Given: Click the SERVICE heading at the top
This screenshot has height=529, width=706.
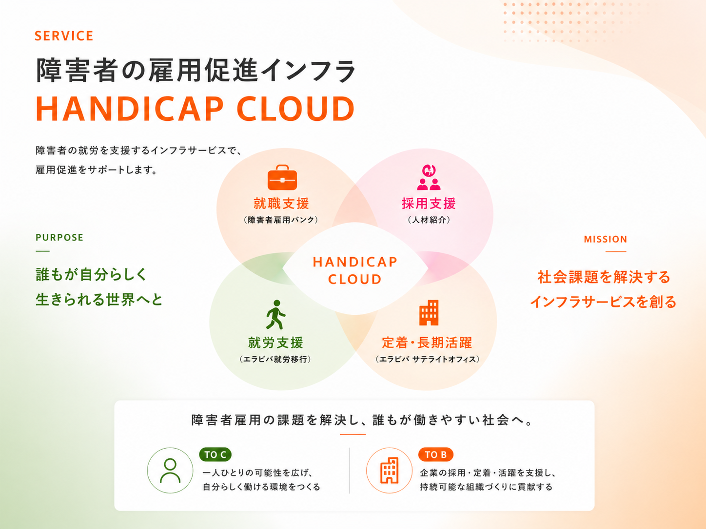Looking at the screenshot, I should (x=64, y=36).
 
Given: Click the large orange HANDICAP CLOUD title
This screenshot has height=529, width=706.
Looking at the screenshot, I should (x=195, y=109).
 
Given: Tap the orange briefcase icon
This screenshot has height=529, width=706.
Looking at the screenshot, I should (x=282, y=178).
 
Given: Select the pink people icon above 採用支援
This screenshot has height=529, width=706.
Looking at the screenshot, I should (x=429, y=178).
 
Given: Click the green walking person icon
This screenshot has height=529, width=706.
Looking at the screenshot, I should (x=276, y=315).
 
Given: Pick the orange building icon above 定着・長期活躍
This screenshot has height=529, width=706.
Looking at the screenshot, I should (x=429, y=313).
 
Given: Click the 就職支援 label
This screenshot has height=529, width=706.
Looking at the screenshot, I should (x=281, y=203).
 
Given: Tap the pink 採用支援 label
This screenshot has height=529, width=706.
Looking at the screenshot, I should (x=429, y=203).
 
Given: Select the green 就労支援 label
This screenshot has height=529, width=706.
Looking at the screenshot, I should (x=276, y=343).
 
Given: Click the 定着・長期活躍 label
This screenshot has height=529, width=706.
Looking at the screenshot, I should (x=427, y=343).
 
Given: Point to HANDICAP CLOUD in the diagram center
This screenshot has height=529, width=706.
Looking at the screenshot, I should (x=355, y=270).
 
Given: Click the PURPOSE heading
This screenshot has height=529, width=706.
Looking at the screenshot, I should (x=59, y=238).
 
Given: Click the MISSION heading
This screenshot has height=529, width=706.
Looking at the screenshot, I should (x=606, y=240).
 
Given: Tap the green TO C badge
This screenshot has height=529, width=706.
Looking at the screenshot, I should (x=215, y=454).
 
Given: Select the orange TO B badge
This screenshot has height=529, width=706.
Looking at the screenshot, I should (x=435, y=454).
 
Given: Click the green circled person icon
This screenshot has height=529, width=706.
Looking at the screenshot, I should (x=170, y=471).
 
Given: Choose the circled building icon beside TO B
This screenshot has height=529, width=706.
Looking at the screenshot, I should (x=389, y=471).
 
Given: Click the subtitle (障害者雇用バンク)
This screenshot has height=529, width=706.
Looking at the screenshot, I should (x=281, y=220).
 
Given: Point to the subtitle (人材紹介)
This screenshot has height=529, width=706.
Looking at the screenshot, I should (x=429, y=220).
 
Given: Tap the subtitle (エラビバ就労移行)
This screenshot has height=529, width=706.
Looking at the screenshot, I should (x=275, y=359).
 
